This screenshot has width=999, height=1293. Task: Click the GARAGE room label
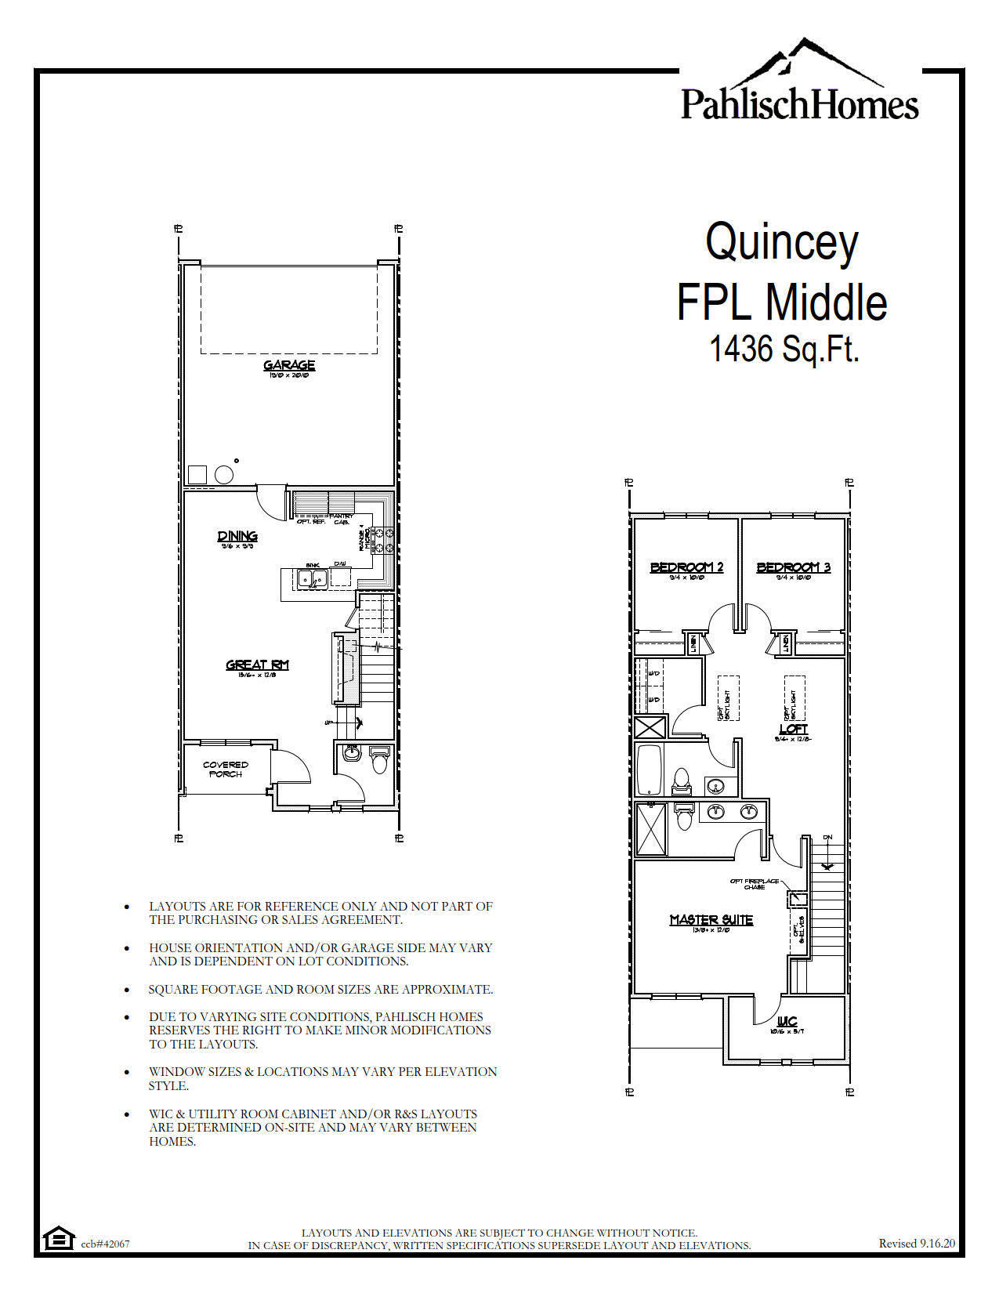[289, 365]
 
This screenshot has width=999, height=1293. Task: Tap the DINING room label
[237, 537]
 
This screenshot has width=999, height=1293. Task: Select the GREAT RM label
[257, 665]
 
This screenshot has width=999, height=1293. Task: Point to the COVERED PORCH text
[226, 770]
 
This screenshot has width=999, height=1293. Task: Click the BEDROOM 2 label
[686, 567]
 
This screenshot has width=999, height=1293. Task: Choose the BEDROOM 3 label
[793, 567]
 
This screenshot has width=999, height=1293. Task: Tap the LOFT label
[793, 730]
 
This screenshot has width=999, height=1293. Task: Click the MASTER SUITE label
[711, 920]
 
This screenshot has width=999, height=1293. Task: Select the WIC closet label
[787, 1022]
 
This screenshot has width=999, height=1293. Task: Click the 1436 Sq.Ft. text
[784, 349]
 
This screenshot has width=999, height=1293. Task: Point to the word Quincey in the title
[782, 242]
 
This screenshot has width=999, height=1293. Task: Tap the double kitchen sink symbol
[313, 579]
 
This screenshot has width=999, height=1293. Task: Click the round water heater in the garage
[224, 475]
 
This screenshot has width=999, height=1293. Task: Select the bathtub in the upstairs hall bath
[649, 770]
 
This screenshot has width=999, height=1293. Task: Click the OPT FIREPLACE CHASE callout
[754, 884]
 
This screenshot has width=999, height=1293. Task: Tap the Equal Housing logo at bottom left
[56, 1239]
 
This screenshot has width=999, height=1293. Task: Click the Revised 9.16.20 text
[916, 1243]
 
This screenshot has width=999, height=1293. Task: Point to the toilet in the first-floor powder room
[379, 761]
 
